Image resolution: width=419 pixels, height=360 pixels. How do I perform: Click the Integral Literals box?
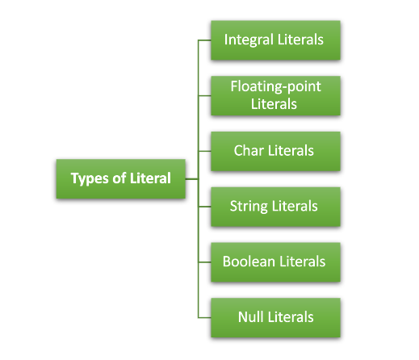(275, 40)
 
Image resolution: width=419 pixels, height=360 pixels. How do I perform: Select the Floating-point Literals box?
(275, 96)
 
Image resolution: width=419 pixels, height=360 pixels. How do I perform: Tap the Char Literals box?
(275, 151)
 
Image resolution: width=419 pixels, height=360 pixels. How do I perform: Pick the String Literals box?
(275, 207)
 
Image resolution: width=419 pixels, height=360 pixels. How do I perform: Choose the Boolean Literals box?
(275, 262)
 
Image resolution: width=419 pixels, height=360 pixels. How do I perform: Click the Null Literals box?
(275, 318)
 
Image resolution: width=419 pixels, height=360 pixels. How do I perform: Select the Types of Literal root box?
(121, 179)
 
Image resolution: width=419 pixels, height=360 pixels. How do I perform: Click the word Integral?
(249, 40)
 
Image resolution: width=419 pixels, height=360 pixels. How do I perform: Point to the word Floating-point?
(275, 87)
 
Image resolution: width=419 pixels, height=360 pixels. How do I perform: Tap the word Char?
(249, 150)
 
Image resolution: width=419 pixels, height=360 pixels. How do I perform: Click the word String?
(249, 207)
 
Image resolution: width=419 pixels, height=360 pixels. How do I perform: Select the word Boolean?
(249, 262)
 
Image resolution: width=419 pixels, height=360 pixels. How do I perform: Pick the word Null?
(251, 316)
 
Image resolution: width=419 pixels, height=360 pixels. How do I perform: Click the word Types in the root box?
(90, 178)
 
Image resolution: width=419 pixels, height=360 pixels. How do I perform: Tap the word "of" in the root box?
(119, 178)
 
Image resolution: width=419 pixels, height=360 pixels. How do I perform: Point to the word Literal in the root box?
(150, 178)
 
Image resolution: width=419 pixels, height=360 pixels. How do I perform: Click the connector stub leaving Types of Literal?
(192, 178)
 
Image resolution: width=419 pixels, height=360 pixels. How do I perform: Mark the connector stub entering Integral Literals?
(204, 40)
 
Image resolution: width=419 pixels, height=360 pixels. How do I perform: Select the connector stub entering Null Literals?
(204, 318)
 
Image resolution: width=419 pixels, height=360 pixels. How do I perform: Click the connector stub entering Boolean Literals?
(204, 262)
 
